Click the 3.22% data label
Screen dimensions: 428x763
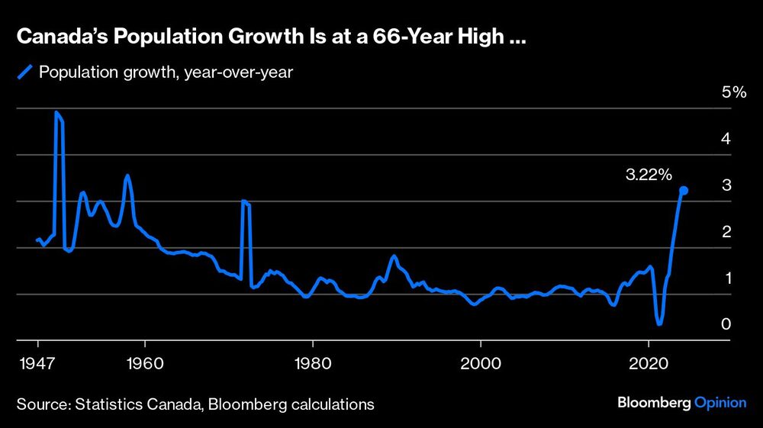point(649,175)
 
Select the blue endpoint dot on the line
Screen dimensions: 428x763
point(684,190)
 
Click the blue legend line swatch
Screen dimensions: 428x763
point(24,72)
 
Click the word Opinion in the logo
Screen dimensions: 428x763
point(720,403)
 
